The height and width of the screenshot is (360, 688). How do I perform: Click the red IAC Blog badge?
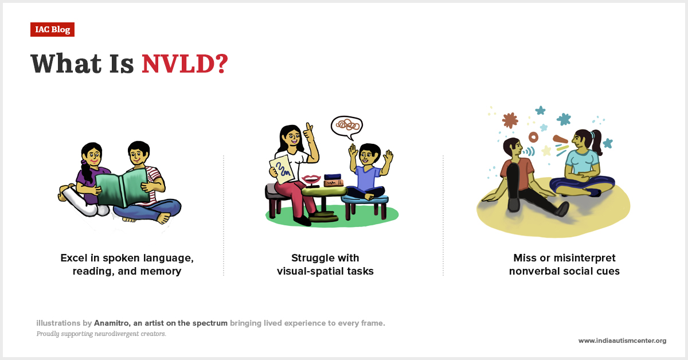click(x=52, y=29)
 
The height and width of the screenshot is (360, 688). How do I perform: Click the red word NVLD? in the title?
click(x=185, y=64)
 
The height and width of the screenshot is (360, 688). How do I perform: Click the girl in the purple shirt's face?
click(x=91, y=155)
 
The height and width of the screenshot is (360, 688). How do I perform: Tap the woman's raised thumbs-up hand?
click(x=308, y=133)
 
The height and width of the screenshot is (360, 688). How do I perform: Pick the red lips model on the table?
click(x=312, y=179)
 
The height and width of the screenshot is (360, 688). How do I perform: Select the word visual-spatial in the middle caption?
click(x=310, y=271)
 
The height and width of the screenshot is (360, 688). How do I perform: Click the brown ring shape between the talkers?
click(x=534, y=138)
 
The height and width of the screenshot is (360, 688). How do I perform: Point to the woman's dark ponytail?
click(x=596, y=141)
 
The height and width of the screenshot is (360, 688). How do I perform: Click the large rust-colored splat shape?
click(x=509, y=120)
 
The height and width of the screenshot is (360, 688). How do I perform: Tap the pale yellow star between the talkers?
click(x=546, y=151)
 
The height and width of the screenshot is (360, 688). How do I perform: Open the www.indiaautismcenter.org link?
click(x=622, y=341)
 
